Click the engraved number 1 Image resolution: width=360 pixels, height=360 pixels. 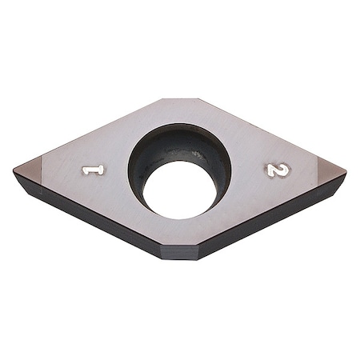tap(94, 170)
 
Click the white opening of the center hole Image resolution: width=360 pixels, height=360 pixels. tap(180, 190)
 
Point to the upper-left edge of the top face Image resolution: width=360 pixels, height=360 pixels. tap(96, 134)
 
